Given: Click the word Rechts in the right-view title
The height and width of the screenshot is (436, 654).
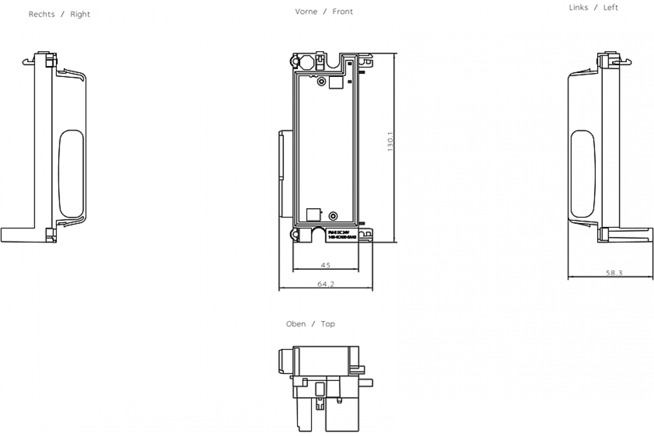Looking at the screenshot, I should pyautogui.click(x=42, y=14).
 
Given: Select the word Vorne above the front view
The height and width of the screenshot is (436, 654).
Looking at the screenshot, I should pyautogui.click(x=306, y=11).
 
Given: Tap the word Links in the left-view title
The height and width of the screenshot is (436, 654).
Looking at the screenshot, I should pyautogui.click(x=578, y=8).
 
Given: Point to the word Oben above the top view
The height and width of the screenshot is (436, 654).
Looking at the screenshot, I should pyautogui.click(x=296, y=324).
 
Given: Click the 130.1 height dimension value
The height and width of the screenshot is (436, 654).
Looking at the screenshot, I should pyautogui.click(x=390, y=143).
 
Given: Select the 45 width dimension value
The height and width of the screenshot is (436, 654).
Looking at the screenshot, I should pyautogui.click(x=325, y=265).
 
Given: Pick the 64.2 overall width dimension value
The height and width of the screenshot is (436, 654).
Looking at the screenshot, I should pyautogui.click(x=325, y=284).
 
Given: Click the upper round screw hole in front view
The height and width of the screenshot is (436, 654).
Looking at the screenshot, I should pyautogui.click(x=321, y=82).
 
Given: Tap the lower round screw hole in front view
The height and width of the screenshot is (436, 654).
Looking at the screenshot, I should pyautogui.click(x=334, y=215).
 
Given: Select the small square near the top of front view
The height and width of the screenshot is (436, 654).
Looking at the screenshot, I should pyautogui.click(x=337, y=82).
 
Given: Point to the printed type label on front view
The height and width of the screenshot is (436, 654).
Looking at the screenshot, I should pyautogui.click(x=342, y=235).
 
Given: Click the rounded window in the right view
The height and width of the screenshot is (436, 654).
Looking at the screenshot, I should pyautogui.click(x=71, y=173).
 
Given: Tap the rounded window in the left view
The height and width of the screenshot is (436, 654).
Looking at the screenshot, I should pyautogui.click(x=583, y=173).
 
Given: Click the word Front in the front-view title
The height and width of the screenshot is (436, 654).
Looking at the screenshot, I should pyautogui.click(x=343, y=11).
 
